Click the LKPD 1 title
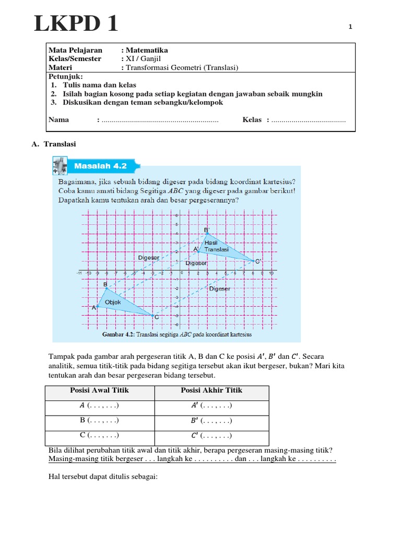pos(76,24)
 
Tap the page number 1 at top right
pos(351,27)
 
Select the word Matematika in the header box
pos(147,51)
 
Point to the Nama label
pos(58,120)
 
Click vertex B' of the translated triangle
pos(207,234)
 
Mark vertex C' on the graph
pos(254,261)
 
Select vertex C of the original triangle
pos(153,315)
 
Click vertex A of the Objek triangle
pos(98,307)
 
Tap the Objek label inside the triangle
pos(113,302)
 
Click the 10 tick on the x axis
pos(271,273)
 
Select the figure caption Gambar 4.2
pos(177,334)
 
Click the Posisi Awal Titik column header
pos(99,391)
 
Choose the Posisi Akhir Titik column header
pos(211,391)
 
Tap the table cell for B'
pos(211,420)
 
